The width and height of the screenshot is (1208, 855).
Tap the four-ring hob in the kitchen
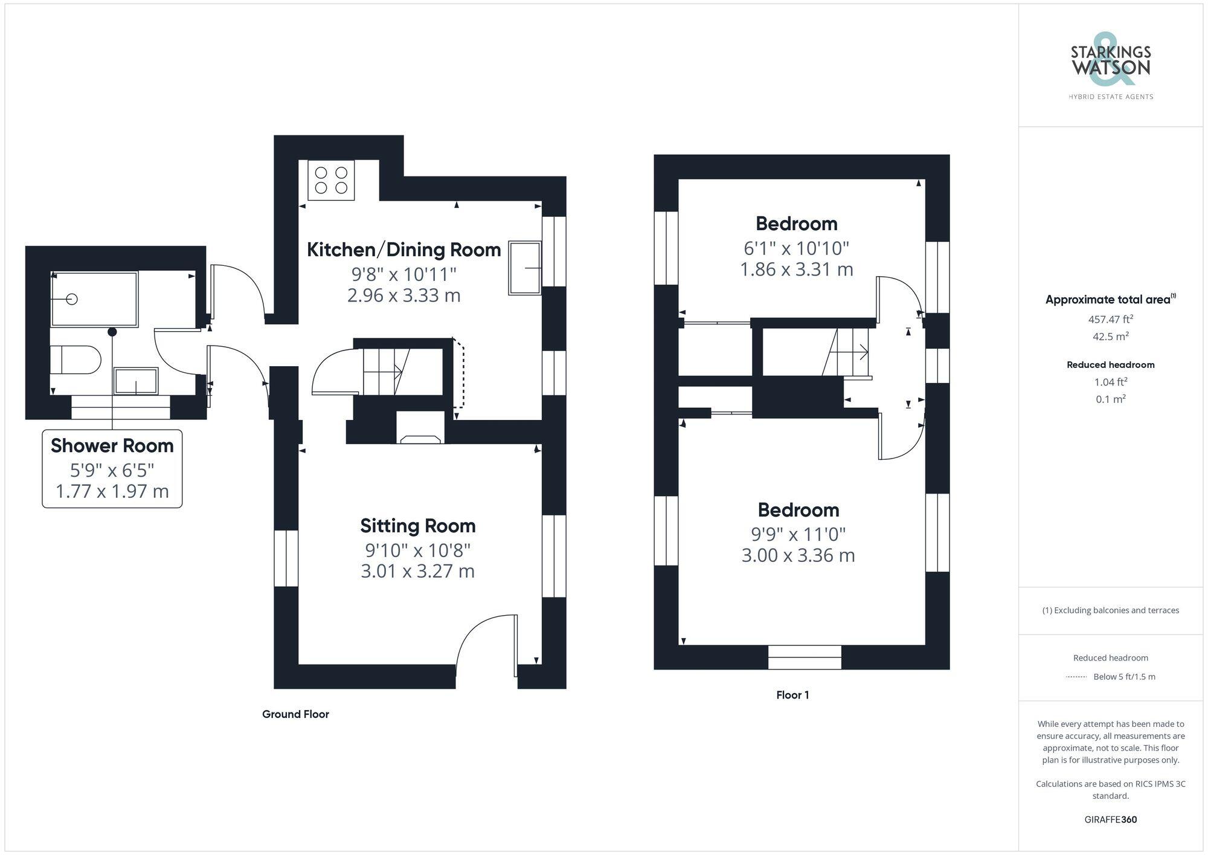point(331,180)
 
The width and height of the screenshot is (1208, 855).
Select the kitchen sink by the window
point(524,268)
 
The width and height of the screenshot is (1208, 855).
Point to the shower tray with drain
point(94,299)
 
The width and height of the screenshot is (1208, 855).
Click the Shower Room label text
point(112,446)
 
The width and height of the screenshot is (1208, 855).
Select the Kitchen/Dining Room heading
point(403,250)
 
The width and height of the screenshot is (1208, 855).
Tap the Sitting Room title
point(417,526)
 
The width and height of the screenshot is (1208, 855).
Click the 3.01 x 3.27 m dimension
point(417,571)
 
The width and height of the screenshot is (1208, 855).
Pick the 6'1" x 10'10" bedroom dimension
point(796,248)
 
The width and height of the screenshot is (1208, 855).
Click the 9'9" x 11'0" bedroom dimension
point(798,534)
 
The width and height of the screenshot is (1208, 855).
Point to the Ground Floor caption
point(295,714)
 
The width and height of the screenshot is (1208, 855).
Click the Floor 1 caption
point(792,695)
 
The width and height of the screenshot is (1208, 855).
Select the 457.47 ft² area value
point(1110,319)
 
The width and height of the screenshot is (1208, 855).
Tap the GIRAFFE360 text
point(1110,820)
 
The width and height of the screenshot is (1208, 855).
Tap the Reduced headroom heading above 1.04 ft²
point(1110,365)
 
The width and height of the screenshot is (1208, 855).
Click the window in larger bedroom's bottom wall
point(805,657)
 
